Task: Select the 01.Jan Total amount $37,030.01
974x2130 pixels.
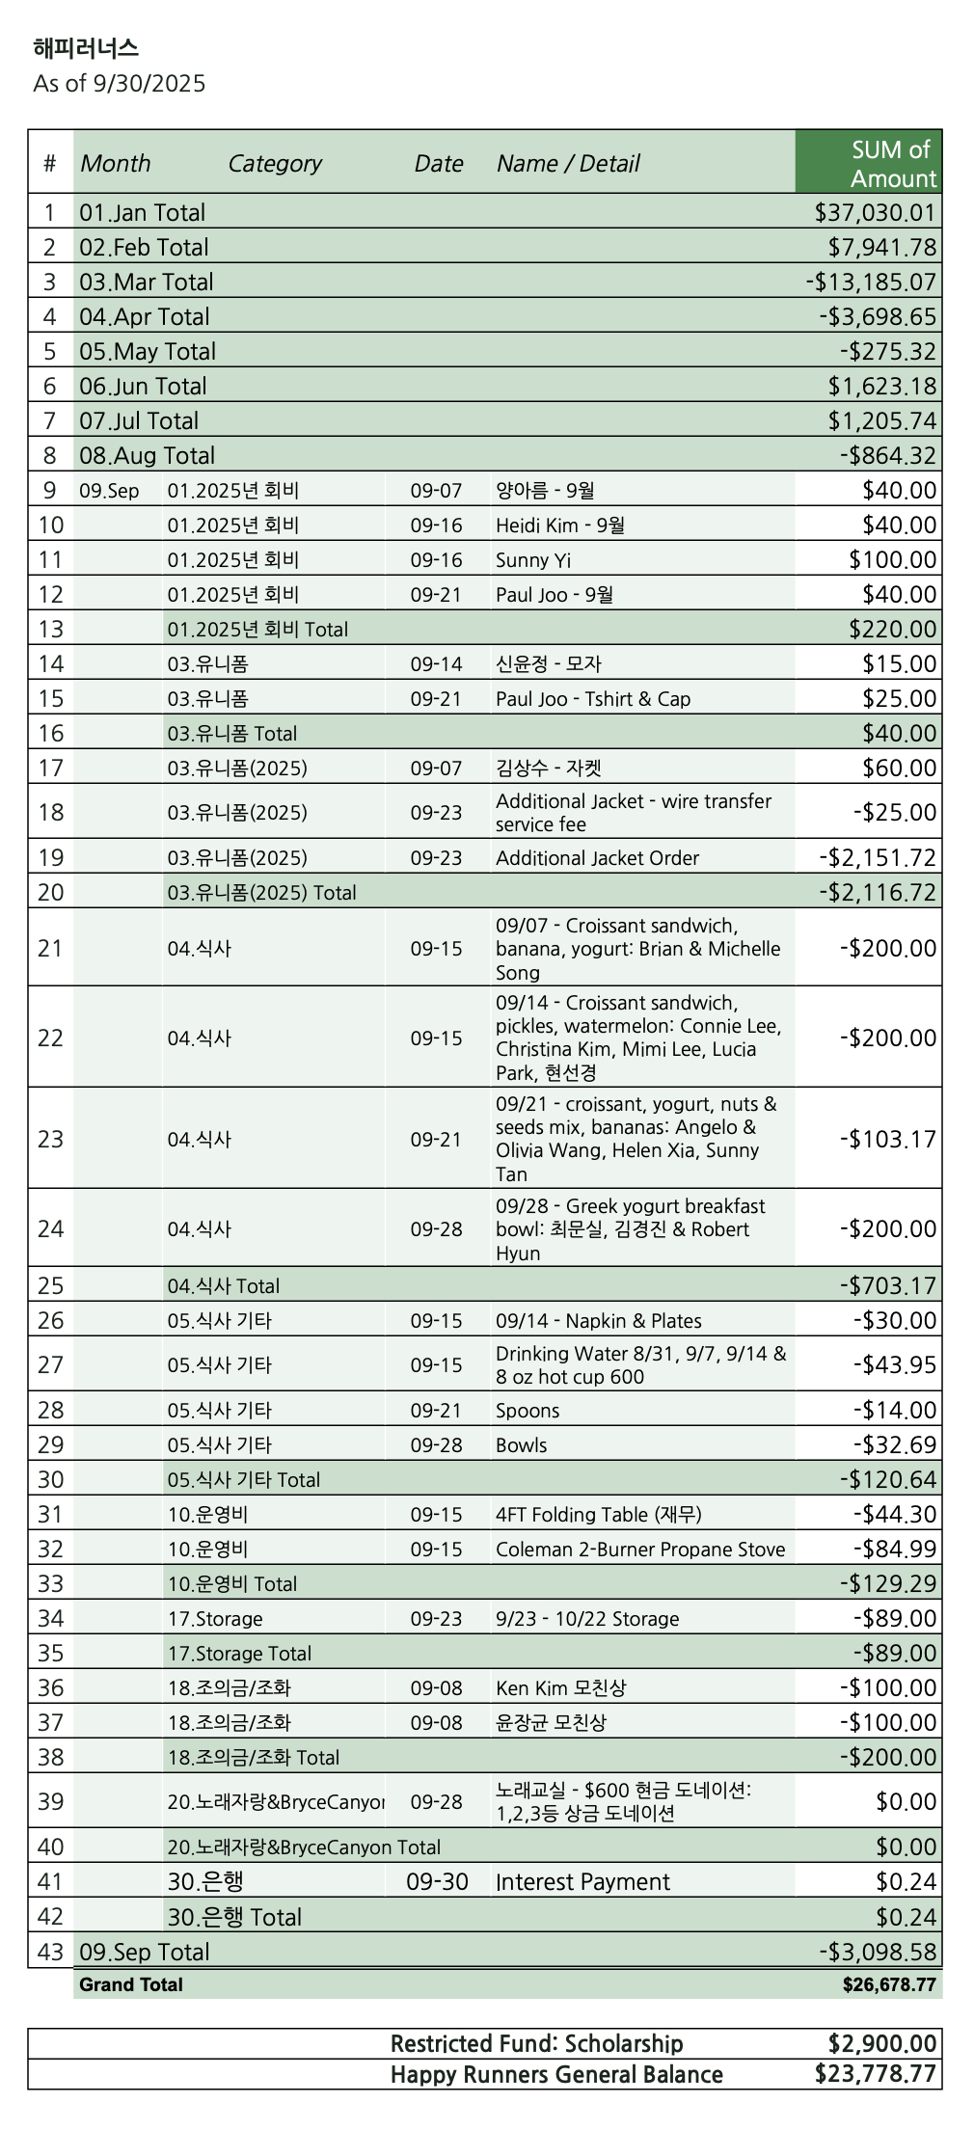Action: [x=875, y=212]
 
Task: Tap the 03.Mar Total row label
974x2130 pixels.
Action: [x=147, y=282]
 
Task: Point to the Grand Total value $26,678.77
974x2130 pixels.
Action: [x=888, y=1984]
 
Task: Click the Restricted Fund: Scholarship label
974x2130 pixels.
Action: [x=536, y=2043]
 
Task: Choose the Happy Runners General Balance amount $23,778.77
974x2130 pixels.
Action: [x=875, y=2073]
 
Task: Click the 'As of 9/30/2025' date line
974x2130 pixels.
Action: [x=120, y=83]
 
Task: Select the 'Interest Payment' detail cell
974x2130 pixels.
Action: [x=582, y=1881]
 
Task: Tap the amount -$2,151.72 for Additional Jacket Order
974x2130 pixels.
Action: [x=878, y=857]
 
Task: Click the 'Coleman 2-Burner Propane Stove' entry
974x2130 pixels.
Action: [x=640, y=1549]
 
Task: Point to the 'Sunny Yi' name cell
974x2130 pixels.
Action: [x=533, y=559]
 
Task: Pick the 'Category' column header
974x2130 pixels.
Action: [x=275, y=163]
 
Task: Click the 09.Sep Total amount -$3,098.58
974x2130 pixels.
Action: [x=878, y=1952]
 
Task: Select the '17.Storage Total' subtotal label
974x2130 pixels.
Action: [x=239, y=1653]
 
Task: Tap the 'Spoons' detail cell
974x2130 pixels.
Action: [x=528, y=1410]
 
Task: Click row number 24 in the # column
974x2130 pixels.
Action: [x=50, y=1228]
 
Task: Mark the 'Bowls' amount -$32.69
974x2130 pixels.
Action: [x=894, y=1444]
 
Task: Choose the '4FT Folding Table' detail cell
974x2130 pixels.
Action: [x=598, y=1514]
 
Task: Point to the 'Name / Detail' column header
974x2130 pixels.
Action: [x=568, y=163]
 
